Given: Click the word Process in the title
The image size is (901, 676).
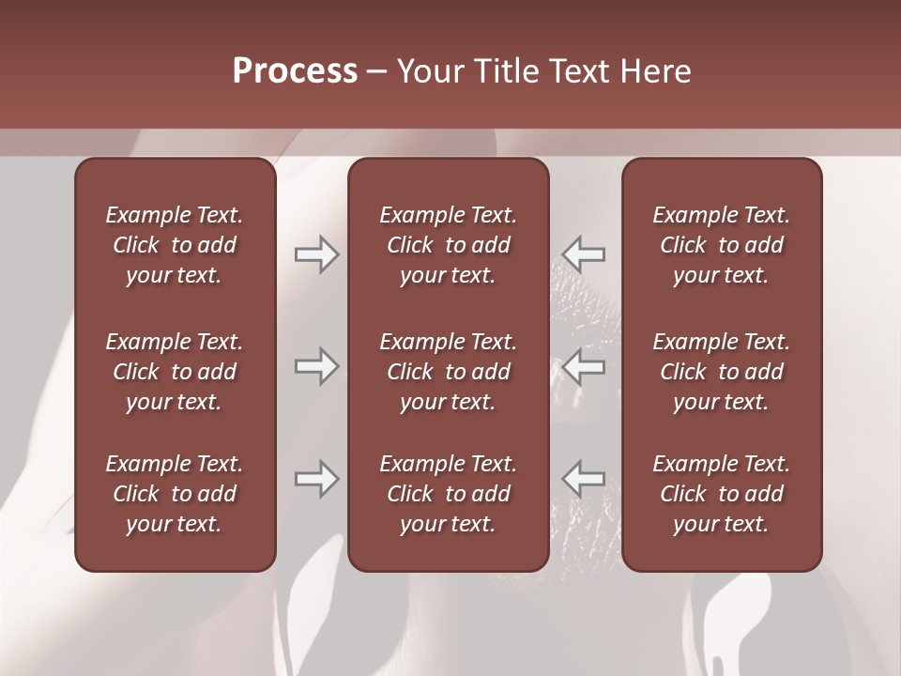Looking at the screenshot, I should pos(295,71).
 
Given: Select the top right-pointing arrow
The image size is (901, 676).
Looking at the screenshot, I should pos(316,253).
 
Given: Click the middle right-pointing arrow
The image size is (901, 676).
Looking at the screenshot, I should pos(316,366).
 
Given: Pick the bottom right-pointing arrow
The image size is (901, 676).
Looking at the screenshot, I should pos(316,479).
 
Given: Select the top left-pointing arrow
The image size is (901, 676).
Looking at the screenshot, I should pos(584,253).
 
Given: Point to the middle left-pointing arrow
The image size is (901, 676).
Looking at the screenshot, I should pos(584,366).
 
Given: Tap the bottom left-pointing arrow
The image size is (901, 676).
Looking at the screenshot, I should pos(584,479).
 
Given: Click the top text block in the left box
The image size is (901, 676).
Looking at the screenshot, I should pos(175,245).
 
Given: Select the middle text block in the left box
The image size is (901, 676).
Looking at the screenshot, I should pos(175,372).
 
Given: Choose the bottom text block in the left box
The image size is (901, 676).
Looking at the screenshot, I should pos(175,494).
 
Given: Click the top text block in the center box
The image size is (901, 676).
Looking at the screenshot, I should pos(449,245).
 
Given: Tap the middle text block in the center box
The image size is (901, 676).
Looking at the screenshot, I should pos(449,372).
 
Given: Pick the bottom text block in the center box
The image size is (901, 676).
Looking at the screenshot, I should pos(449,494).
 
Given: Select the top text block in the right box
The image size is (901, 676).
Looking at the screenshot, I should pos(722,245).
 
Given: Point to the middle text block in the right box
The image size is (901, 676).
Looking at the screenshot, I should pos(722,372).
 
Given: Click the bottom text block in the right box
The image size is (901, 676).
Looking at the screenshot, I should pos(722,494).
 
